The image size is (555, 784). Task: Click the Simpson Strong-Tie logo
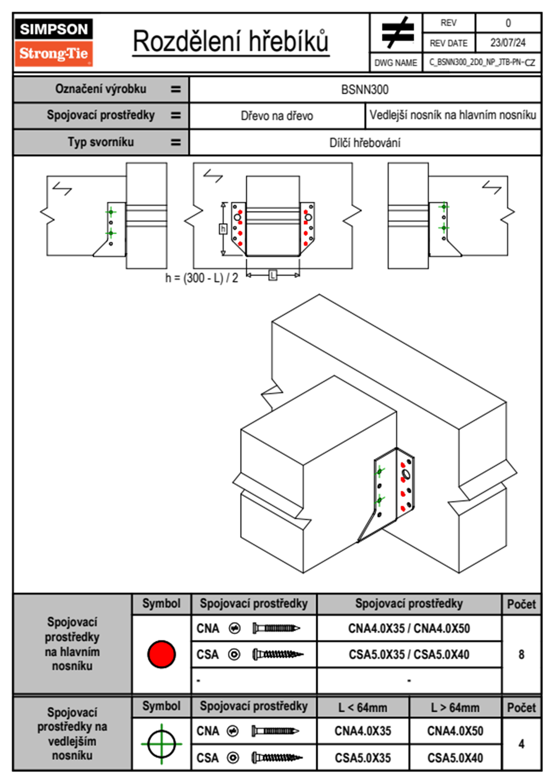[x=54, y=42]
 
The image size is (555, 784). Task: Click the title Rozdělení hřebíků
[x=231, y=41]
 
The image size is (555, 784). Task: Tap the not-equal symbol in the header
[x=397, y=33]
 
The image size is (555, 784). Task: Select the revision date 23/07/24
[x=507, y=43]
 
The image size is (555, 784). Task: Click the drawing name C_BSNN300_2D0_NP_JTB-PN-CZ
[x=482, y=62]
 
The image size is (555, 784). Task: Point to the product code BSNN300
[x=365, y=89]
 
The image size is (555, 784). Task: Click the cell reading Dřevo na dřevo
[x=277, y=116]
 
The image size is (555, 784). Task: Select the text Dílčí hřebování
[x=365, y=143]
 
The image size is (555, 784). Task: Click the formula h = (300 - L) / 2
[x=201, y=278]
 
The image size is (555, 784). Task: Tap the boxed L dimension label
[x=273, y=275]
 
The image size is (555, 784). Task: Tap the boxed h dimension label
[x=223, y=229]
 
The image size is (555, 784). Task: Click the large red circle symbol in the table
[x=161, y=654]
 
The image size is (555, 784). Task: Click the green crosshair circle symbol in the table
[x=161, y=744]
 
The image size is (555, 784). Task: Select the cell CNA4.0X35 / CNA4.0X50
[x=409, y=628]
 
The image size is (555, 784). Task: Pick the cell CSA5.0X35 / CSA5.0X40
[x=409, y=654]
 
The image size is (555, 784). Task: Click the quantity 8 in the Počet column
[x=521, y=654]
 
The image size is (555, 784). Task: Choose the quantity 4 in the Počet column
[x=521, y=744]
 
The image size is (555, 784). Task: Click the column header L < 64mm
[x=363, y=708]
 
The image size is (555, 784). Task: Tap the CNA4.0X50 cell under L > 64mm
[x=455, y=731]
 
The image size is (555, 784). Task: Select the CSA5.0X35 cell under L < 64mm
[x=363, y=758]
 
